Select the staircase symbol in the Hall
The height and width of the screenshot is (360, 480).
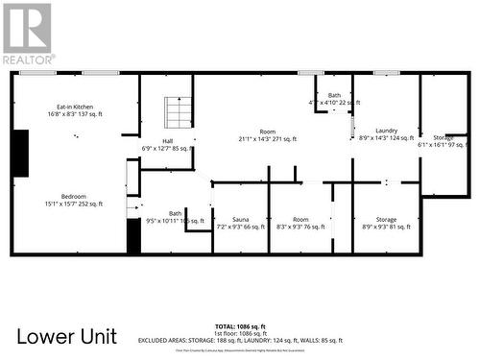click(x=180, y=111)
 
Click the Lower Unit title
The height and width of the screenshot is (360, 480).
click(x=67, y=336)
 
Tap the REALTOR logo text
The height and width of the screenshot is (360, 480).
click(x=28, y=59)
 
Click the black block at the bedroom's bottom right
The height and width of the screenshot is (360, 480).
click(x=133, y=236)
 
